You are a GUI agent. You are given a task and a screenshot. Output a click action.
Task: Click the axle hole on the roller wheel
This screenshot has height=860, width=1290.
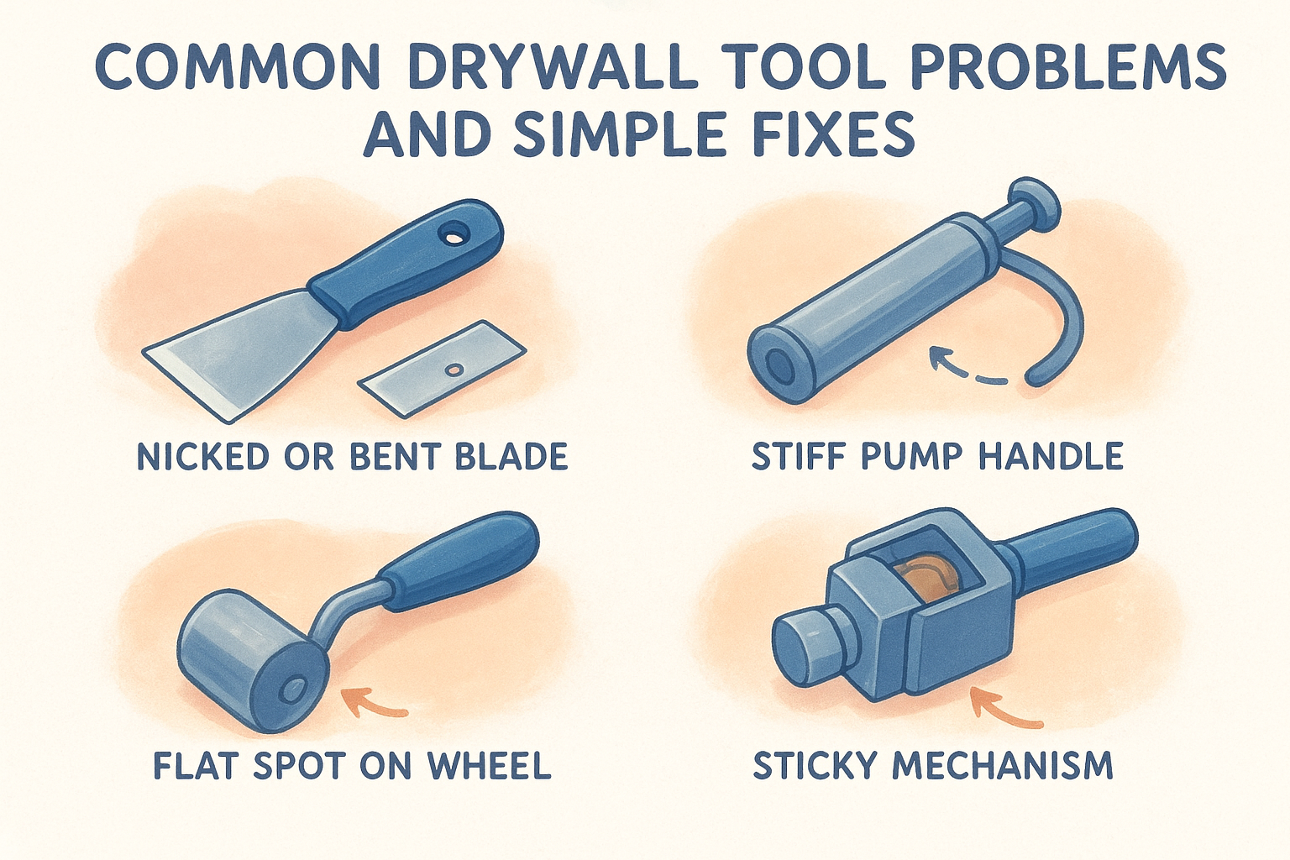click(296, 688)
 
